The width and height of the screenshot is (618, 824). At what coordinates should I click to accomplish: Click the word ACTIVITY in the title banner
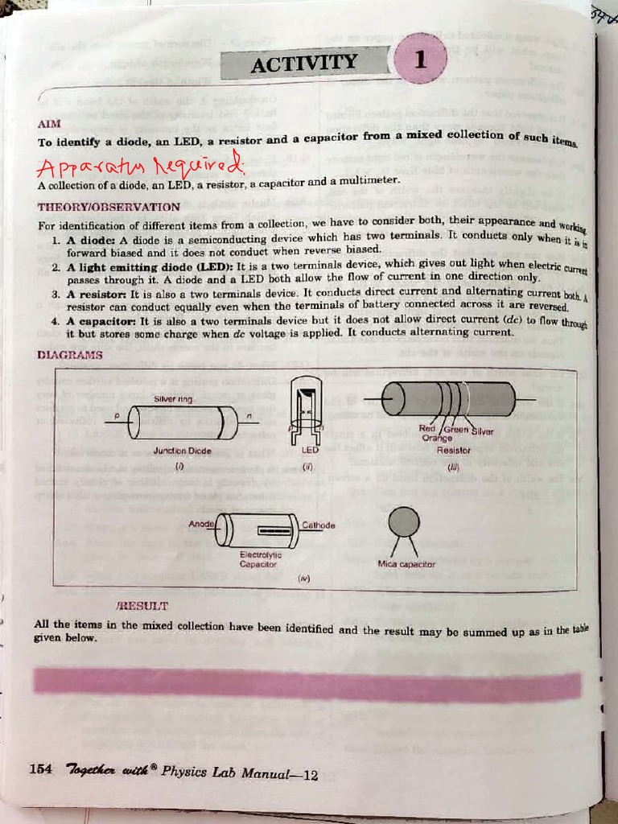[303, 63]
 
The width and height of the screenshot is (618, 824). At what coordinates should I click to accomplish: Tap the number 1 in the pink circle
[419, 60]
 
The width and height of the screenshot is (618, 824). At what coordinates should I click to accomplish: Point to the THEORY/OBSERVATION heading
[109, 207]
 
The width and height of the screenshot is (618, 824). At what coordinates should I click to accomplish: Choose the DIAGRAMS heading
[70, 355]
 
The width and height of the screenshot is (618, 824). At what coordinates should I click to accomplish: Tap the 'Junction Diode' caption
[182, 451]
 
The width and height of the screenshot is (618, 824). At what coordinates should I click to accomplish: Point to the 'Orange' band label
[437, 439]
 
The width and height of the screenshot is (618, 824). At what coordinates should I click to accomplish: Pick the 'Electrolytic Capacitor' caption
[260, 558]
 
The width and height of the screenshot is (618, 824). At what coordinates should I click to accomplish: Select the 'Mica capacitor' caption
[406, 564]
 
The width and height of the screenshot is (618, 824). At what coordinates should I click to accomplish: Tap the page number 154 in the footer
[41, 769]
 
